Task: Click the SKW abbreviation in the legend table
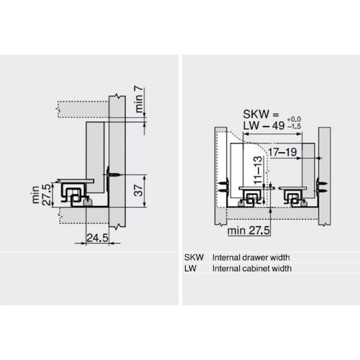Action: (x=195, y=257)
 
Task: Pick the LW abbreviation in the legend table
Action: (x=192, y=268)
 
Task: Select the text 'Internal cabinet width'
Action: (x=252, y=268)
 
